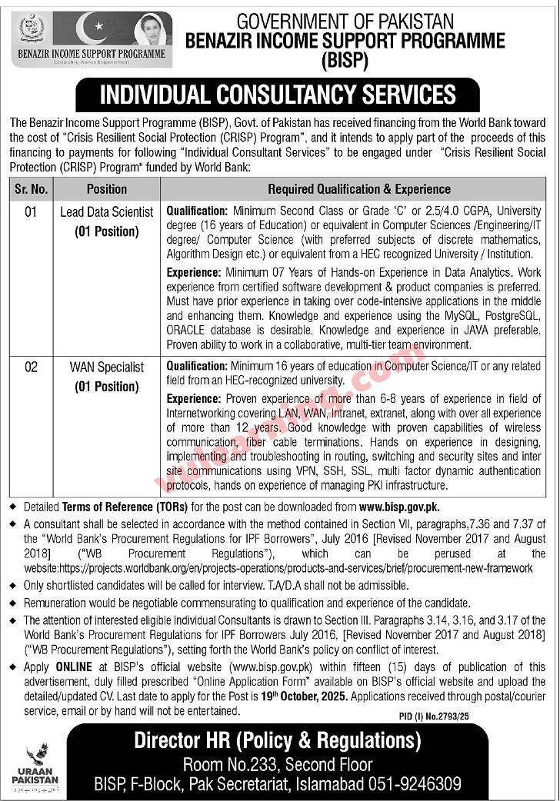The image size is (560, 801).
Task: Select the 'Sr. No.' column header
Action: [31, 188]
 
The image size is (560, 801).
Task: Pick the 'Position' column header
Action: [107, 188]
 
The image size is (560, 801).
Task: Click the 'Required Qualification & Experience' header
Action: [359, 188]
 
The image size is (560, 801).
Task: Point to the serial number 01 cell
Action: [30, 211]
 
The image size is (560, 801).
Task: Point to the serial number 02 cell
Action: [30, 367]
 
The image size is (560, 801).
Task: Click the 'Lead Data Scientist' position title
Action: [107, 211]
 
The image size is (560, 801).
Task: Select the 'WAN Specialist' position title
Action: [107, 367]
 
